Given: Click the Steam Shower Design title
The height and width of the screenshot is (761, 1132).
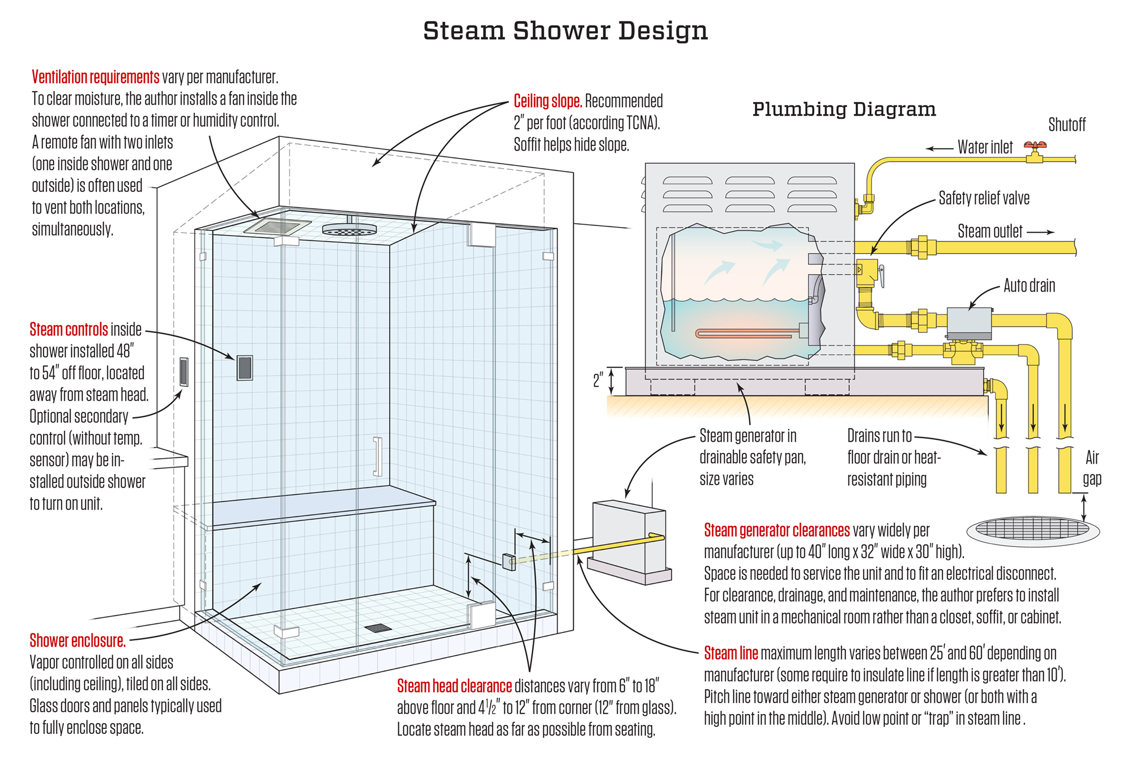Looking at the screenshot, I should [565, 31].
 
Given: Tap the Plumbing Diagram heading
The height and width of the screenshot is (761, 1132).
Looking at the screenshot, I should [844, 109].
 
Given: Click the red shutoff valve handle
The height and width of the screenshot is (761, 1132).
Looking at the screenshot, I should [1035, 146].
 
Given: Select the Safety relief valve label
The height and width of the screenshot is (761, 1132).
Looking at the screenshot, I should [984, 198].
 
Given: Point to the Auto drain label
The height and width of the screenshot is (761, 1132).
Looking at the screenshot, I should [1029, 285].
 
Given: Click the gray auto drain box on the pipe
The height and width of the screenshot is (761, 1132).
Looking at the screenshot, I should [969, 323].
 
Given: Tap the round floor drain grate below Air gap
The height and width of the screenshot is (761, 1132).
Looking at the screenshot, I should [1032, 530].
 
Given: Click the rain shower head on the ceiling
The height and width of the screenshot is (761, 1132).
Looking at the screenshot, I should [349, 229].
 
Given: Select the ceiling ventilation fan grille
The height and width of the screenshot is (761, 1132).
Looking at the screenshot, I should [277, 226].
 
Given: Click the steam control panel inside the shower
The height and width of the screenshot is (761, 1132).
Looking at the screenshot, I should [245, 368].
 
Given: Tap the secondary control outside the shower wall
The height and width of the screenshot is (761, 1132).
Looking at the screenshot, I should [183, 372].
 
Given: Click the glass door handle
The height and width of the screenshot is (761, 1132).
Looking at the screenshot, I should [377, 456].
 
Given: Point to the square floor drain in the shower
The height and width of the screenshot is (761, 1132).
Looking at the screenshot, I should [378, 628].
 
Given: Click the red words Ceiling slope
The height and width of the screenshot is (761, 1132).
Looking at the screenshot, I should [547, 101].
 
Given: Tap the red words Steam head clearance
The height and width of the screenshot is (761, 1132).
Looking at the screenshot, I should [454, 686].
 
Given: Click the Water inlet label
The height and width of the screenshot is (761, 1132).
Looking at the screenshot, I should [985, 147].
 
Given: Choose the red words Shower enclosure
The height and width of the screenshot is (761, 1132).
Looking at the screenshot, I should [78, 641].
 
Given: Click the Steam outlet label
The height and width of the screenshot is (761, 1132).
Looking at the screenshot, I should [990, 232].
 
